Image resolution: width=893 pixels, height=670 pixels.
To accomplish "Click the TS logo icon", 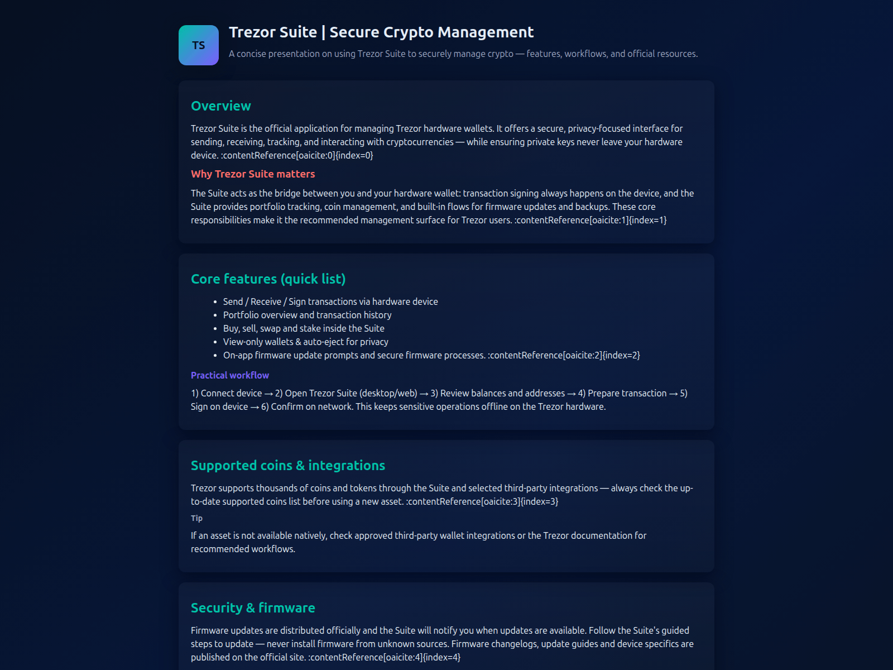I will click(198, 45).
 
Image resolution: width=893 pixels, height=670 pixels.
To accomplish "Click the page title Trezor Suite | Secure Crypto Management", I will click(381, 32).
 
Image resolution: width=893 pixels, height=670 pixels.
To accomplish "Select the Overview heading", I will click(220, 106).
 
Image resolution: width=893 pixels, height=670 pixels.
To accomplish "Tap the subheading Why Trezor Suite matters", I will click(252, 174).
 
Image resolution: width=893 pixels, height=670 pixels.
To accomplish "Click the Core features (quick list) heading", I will click(268, 279).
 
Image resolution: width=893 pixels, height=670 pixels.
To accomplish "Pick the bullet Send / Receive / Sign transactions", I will click(330, 301).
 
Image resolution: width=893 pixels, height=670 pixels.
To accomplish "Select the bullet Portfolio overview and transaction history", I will click(307, 315).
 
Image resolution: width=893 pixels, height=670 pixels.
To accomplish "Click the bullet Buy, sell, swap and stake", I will click(303, 328).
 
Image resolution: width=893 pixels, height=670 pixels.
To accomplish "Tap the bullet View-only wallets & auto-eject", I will click(305, 342).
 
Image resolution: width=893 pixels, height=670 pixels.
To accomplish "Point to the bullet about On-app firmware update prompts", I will click(354, 355).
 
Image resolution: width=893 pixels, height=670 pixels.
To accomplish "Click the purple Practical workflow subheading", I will click(229, 375).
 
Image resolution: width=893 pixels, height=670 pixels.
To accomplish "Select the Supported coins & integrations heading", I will click(287, 466).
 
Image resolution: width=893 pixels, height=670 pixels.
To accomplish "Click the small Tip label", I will click(196, 518).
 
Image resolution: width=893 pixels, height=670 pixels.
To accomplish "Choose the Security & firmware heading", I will click(252, 608).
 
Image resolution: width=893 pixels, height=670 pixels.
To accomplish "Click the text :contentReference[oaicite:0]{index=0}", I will click(297, 155).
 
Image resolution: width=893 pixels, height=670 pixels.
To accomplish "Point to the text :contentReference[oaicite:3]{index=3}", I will click(482, 501).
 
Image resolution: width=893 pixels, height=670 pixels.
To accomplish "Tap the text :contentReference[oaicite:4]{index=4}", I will click(385, 657).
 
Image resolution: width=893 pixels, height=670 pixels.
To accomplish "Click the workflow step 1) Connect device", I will click(226, 393).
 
